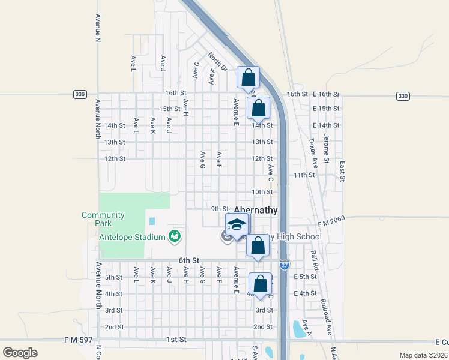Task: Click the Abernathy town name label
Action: coord(256,210)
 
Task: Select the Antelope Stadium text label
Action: coord(132,237)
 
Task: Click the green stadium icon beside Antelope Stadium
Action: coord(175,236)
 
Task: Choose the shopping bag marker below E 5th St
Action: coord(261,284)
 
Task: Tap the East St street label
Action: coord(342,170)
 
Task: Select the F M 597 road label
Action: coord(79,340)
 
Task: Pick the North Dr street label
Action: coord(217,62)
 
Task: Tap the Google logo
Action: coord(20,352)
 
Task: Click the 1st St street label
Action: coord(176,340)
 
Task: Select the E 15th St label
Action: coord(326,109)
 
